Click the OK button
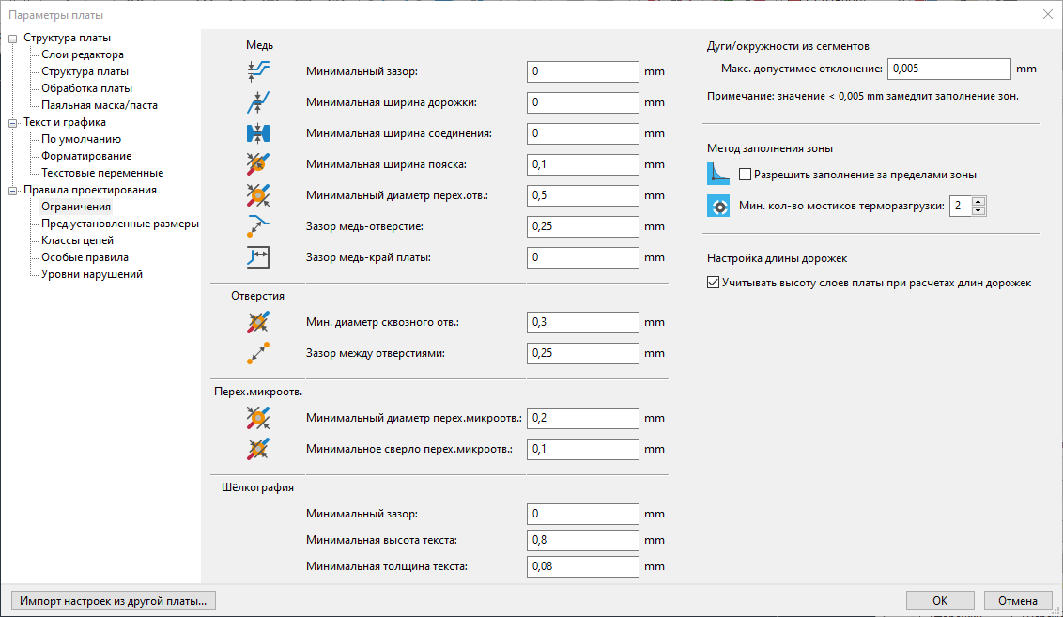pyautogui.click(x=940, y=601)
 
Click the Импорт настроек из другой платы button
pyautogui.click(x=113, y=601)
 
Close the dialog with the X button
pyautogui.click(x=1047, y=14)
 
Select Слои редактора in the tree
pyautogui.click(x=83, y=54)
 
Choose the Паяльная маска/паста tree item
pyautogui.click(x=100, y=105)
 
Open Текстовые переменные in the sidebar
pyautogui.click(x=102, y=173)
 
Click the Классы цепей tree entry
pyautogui.click(x=78, y=240)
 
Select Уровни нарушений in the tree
pyautogui.click(x=92, y=274)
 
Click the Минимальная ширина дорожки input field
pyautogui.click(x=582, y=102)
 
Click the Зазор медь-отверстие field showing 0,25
pyautogui.click(x=582, y=226)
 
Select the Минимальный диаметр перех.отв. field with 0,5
pyautogui.click(x=582, y=195)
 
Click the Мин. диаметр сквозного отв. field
pyautogui.click(x=582, y=322)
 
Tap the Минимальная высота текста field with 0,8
pyautogui.click(x=582, y=540)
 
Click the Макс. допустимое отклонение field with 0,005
pyautogui.click(x=948, y=69)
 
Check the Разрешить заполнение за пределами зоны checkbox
pyautogui.click(x=746, y=175)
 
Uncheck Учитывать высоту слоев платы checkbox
pyautogui.click(x=713, y=283)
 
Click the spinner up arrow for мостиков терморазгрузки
pyautogui.click(x=978, y=201)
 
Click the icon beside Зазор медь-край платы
pyautogui.click(x=257, y=257)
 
